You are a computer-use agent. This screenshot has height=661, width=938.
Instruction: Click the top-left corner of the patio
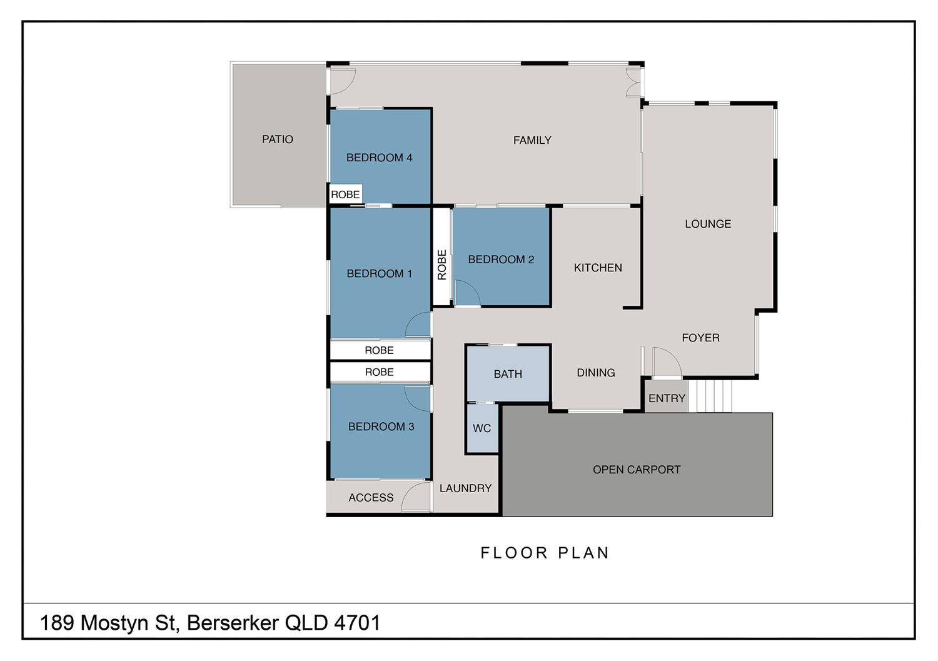(231, 63)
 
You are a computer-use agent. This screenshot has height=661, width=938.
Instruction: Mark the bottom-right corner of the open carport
(772, 516)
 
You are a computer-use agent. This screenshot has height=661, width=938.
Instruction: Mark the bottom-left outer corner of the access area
(327, 516)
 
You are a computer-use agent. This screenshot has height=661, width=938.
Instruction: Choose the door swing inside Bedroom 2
(467, 293)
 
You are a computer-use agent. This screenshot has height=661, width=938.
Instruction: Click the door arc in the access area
(415, 497)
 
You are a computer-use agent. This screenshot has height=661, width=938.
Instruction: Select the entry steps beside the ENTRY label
(710, 396)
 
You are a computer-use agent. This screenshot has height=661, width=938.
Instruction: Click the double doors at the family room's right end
(633, 82)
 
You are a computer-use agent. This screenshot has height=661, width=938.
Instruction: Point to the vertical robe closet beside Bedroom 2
(441, 257)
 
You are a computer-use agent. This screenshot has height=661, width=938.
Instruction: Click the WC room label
(482, 428)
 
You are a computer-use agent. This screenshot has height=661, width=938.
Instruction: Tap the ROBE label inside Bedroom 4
(345, 194)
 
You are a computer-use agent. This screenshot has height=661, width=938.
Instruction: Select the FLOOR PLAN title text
(545, 553)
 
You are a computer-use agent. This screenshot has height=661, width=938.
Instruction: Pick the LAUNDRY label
(465, 488)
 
